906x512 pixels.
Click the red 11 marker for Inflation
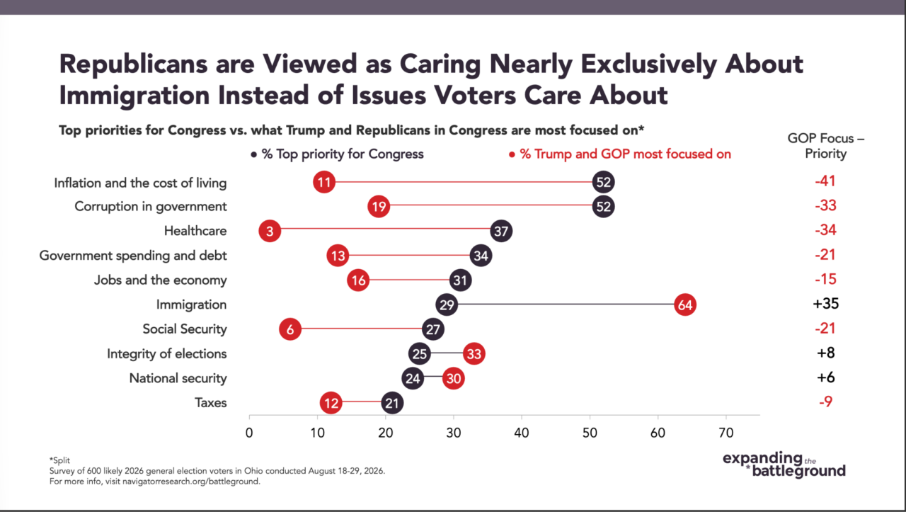pos(324,182)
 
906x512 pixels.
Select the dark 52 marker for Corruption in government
pos(604,206)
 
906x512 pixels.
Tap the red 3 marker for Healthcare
pos(270,231)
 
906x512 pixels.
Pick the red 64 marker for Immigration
pos(685,305)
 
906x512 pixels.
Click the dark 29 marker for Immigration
pos(447,305)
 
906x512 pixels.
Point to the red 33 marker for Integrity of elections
pos(474,354)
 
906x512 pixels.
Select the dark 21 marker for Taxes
pos(392,403)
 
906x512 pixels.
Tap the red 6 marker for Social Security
pos(290,329)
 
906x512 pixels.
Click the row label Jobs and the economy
pos(160,280)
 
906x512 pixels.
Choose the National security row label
pos(178,378)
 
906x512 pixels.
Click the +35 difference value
pos(826,304)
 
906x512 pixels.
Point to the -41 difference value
pos(825,181)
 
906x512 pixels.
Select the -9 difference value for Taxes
pos(826,402)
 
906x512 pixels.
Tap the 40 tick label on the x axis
pos(522,433)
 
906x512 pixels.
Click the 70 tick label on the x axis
pos(726,433)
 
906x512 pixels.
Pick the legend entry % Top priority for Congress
pos(338,154)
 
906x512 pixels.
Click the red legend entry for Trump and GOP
pos(620,154)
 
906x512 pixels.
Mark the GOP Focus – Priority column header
pos(826,146)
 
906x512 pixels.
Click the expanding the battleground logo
pos(784,465)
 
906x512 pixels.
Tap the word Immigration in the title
pos(134,96)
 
